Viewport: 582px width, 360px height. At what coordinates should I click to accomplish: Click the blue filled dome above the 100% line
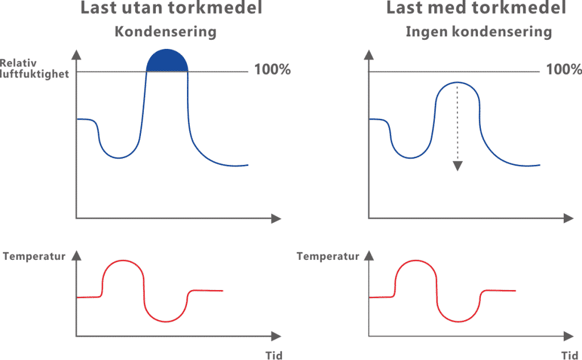click(167, 60)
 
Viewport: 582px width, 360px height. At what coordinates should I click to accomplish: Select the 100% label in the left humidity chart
click(272, 71)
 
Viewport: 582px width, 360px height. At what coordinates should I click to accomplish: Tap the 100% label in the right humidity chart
click(563, 71)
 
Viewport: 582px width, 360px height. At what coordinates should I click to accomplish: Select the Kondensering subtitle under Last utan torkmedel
click(166, 32)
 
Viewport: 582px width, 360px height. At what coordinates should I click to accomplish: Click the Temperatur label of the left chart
click(34, 256)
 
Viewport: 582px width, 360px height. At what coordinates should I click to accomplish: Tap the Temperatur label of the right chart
click(329, 256)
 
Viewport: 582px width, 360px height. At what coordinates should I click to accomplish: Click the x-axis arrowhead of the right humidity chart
click(568, 218)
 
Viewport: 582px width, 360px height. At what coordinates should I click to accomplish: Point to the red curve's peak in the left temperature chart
click(123, 260)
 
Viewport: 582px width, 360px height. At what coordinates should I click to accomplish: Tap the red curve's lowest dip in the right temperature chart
click(459, 322)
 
